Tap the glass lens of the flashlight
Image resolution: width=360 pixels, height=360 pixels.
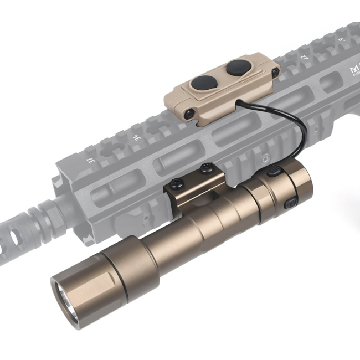[x=67, y=300]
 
